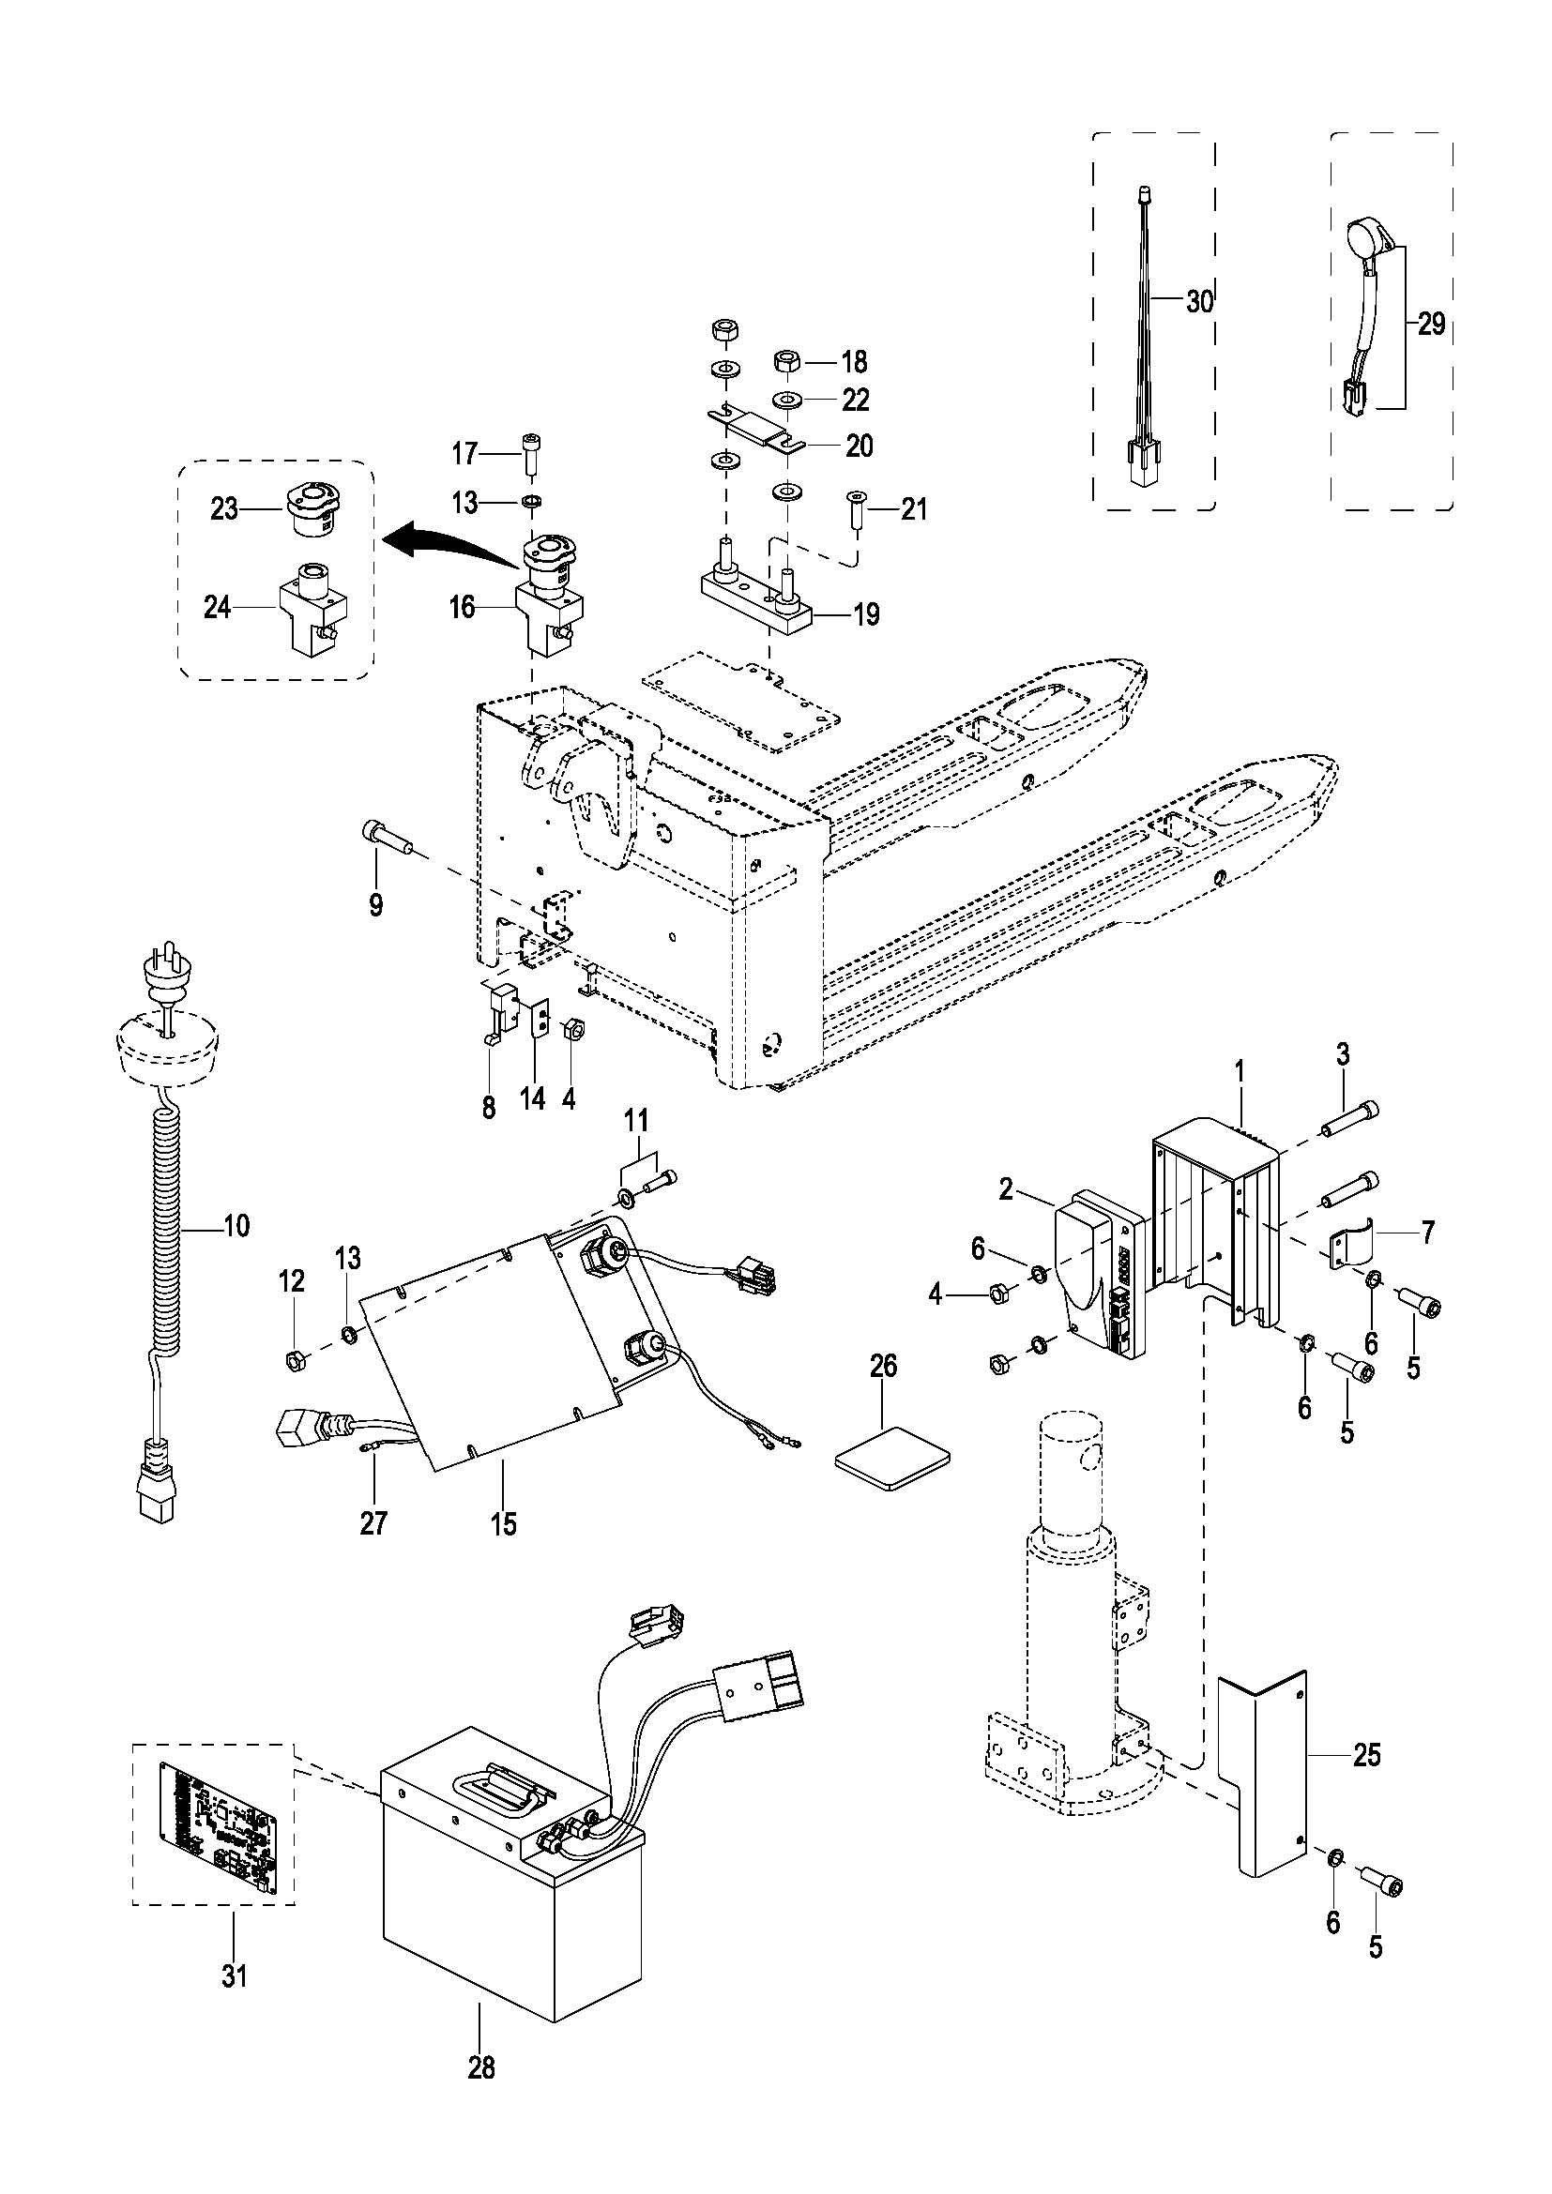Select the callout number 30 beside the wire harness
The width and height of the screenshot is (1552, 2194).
(x=1198, y=302)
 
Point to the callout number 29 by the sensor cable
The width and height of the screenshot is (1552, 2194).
(x=1432, y=325)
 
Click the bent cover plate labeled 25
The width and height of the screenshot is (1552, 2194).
(x=1261, y=1774)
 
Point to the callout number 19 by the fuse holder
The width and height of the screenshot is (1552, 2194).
(x=866, y=613)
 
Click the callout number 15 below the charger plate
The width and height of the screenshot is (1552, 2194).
(x=503, y=1524)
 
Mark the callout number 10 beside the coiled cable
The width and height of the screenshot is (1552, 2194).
(x=236, y=1225)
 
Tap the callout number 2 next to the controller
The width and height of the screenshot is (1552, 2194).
(x=1005, y=1188)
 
